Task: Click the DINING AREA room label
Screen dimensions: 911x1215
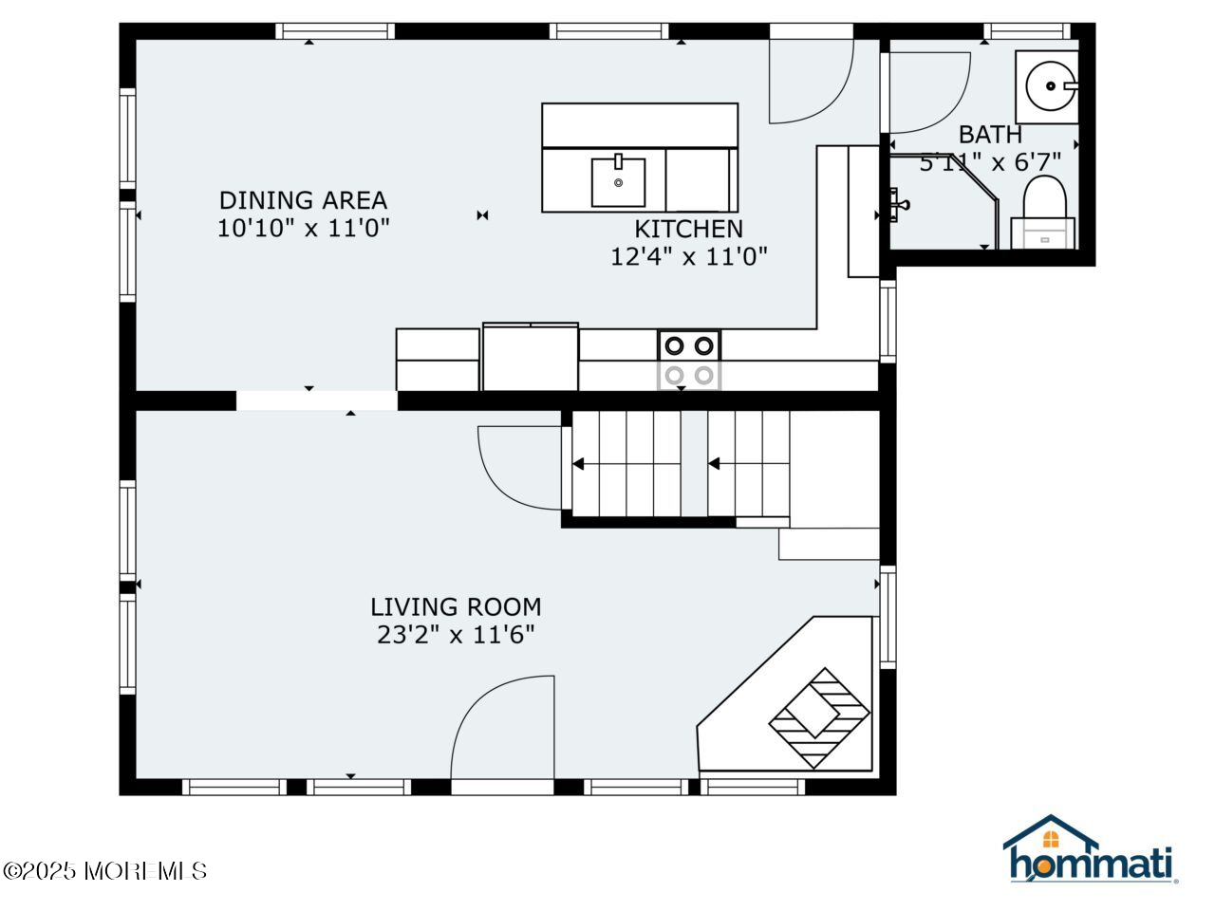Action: click(303, 200)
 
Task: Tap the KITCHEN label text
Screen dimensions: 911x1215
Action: click(688, 229)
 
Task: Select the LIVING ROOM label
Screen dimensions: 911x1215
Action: click(456, 606)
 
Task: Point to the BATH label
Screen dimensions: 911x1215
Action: click(989, 135)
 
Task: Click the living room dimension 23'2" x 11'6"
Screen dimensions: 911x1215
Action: click(456, 635)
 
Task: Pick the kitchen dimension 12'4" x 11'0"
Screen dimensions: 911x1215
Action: click(688, 256)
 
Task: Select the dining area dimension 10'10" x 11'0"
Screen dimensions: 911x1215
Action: click(303, 229)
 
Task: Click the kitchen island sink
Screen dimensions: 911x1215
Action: click(618, 182)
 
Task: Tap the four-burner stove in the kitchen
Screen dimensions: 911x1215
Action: click(689, 360)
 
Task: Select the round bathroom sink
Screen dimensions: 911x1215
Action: click(1051, 86)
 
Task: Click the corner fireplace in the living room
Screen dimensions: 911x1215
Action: click(818, 717)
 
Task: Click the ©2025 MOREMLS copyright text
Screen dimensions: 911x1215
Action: click(105, 870)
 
